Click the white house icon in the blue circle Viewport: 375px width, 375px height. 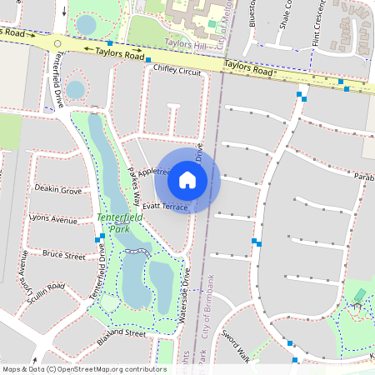(187, 179)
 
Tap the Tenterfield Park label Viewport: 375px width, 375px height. (120, 222)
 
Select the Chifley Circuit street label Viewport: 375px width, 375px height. (178, 72)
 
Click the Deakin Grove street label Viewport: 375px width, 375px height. (58, 190)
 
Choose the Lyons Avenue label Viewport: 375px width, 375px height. (52, 218)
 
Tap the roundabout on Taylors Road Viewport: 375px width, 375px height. (57, 43)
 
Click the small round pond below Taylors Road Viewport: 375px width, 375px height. (75, 89)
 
